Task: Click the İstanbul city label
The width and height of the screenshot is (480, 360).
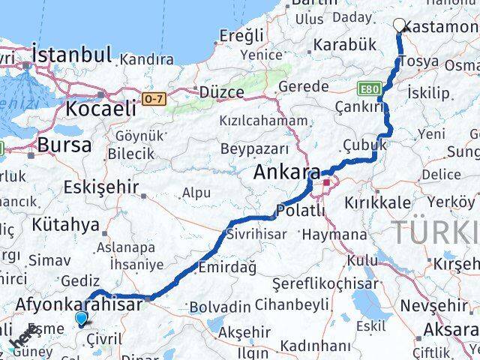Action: pos(72,55)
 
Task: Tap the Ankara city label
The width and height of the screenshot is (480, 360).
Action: pos(286,172)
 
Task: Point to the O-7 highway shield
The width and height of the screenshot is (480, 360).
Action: pos(154,97)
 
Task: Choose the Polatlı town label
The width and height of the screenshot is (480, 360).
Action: pos(301,211)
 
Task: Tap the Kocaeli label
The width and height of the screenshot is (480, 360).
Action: pos(100,108)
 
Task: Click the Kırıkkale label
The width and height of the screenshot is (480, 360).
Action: pos(377,202)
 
